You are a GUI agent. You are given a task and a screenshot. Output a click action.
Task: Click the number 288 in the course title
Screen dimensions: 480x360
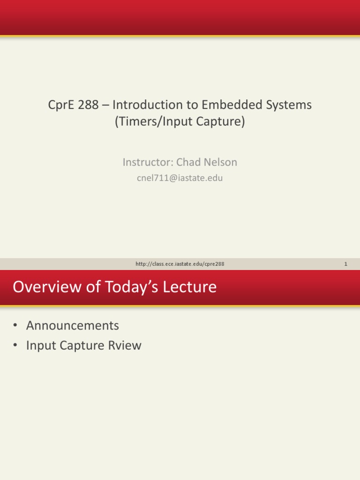(88, 105)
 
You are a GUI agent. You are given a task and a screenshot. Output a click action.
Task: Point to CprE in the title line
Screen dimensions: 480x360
(61, 105)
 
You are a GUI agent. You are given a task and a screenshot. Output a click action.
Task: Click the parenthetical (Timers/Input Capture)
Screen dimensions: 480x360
(180, 122)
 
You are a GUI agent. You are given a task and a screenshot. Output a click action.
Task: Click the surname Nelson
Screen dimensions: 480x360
(220, 162)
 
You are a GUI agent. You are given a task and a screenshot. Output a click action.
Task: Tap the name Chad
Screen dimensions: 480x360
(188, 162)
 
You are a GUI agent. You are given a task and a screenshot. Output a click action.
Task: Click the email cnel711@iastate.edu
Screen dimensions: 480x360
(180, 178)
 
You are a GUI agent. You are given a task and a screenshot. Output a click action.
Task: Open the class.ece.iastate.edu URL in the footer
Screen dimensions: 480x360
(180, 264)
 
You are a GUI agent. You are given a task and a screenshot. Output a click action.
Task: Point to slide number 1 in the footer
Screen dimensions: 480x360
(345, 264)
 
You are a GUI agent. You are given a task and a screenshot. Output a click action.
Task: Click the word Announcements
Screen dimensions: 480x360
(73, 325)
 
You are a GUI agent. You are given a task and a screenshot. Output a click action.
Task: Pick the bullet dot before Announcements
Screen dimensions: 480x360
(15, 325)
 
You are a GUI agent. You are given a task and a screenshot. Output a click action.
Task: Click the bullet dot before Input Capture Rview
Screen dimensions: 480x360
(15, 345)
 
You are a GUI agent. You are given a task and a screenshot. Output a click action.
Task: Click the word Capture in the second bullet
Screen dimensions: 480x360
(84, 345)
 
